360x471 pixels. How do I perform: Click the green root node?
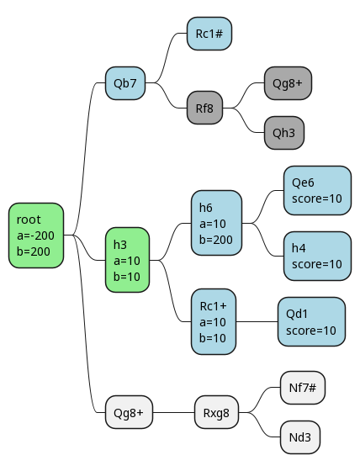(36, 235)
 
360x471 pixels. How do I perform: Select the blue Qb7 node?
(125, 83)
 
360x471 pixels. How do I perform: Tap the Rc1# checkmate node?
(209, 34)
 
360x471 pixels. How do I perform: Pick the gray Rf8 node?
(204, 108)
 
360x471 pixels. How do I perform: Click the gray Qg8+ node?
(288, 83)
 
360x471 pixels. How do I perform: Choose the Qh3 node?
(284, 133)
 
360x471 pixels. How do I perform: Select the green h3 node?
(127, 260)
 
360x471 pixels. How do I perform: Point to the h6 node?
(217, 223)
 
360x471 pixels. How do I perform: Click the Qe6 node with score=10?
(317, 190)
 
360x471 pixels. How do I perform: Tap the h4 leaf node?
(317, 256)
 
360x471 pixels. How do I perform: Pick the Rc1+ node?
(214, 321)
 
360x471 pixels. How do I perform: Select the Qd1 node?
(311, 321)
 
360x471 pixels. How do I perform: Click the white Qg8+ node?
(129, 412)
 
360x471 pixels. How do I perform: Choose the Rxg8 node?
(217, 412)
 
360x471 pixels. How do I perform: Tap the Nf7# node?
(303, 388)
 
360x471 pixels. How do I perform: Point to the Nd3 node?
(300, 437)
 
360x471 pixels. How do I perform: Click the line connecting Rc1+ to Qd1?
(257, 321)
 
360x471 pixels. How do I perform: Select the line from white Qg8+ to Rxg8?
(173, 412)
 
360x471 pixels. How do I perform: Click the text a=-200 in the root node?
(36, 235)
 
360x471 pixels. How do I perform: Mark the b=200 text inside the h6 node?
(216, 240)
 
